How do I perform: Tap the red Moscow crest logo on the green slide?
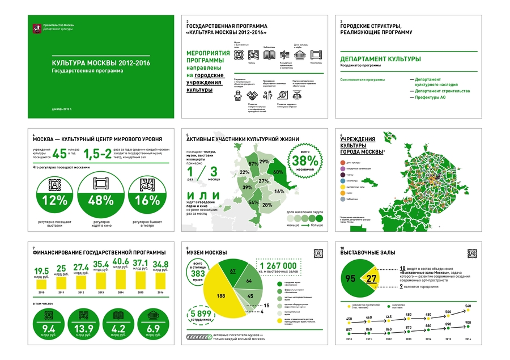click(37, 26)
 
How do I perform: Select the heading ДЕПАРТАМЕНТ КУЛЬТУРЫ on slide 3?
click(380, 59)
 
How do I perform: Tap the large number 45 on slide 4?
click(61, 153)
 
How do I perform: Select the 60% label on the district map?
click(278, 171)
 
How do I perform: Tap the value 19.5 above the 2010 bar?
click(41, 270)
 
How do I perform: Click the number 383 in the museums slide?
click(198, 273)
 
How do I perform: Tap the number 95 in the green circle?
click(351, 278)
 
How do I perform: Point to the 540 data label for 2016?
click(468, 306)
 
